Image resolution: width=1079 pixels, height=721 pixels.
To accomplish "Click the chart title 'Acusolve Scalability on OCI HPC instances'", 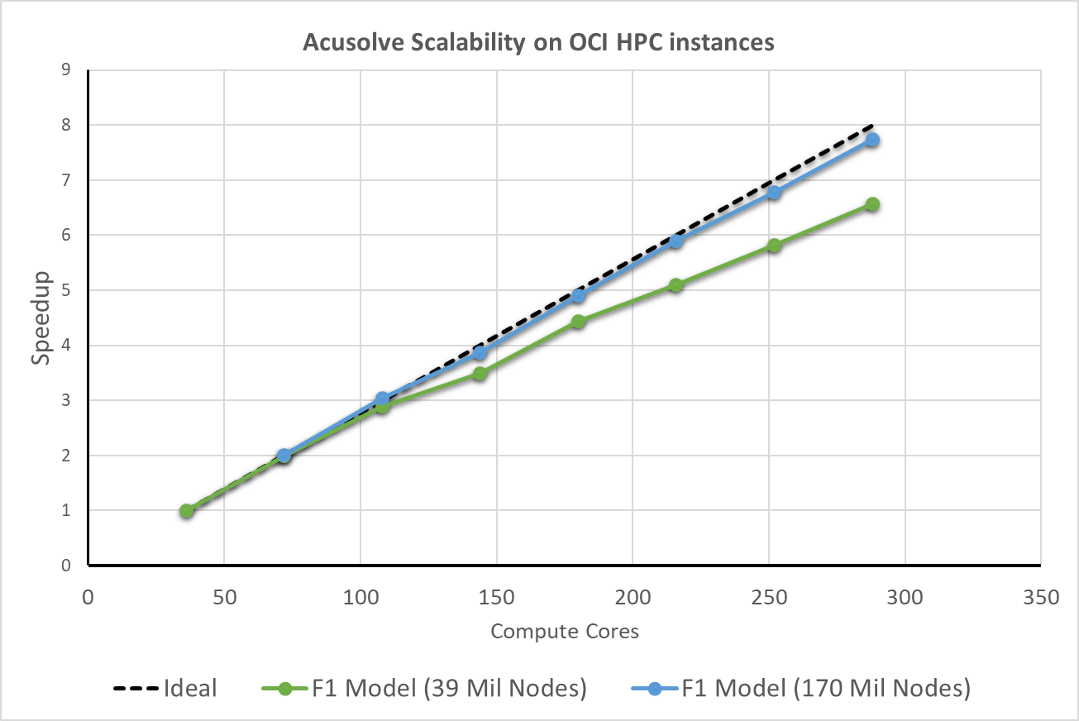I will click(538, 43).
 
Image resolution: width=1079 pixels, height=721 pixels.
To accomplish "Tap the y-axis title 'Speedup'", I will click(42, 318).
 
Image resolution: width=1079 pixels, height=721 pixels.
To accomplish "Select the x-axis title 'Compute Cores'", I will click(565, 632).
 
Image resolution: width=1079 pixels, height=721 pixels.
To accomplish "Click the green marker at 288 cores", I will click(871, 204).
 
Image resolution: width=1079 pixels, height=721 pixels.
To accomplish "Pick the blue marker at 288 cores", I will click(871, 141).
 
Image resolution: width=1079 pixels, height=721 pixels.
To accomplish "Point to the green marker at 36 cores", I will click(187, 511).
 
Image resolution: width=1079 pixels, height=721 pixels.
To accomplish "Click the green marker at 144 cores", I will click(480, 374).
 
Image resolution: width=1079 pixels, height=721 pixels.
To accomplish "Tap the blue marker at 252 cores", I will click(774, 193).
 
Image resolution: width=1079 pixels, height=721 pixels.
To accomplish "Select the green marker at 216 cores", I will click(676, 285).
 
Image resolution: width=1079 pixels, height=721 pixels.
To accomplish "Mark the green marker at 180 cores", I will click(578, 322).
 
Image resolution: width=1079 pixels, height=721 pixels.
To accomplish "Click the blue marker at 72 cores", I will click(284, 456).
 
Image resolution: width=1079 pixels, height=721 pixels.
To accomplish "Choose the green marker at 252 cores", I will click(774, 246).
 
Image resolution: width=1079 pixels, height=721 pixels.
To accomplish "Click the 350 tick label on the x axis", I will click(1041, 596).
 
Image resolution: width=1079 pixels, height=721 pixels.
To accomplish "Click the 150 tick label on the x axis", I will click(496, 596).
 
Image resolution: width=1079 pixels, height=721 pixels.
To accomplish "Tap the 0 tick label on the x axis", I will click(88, 596).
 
